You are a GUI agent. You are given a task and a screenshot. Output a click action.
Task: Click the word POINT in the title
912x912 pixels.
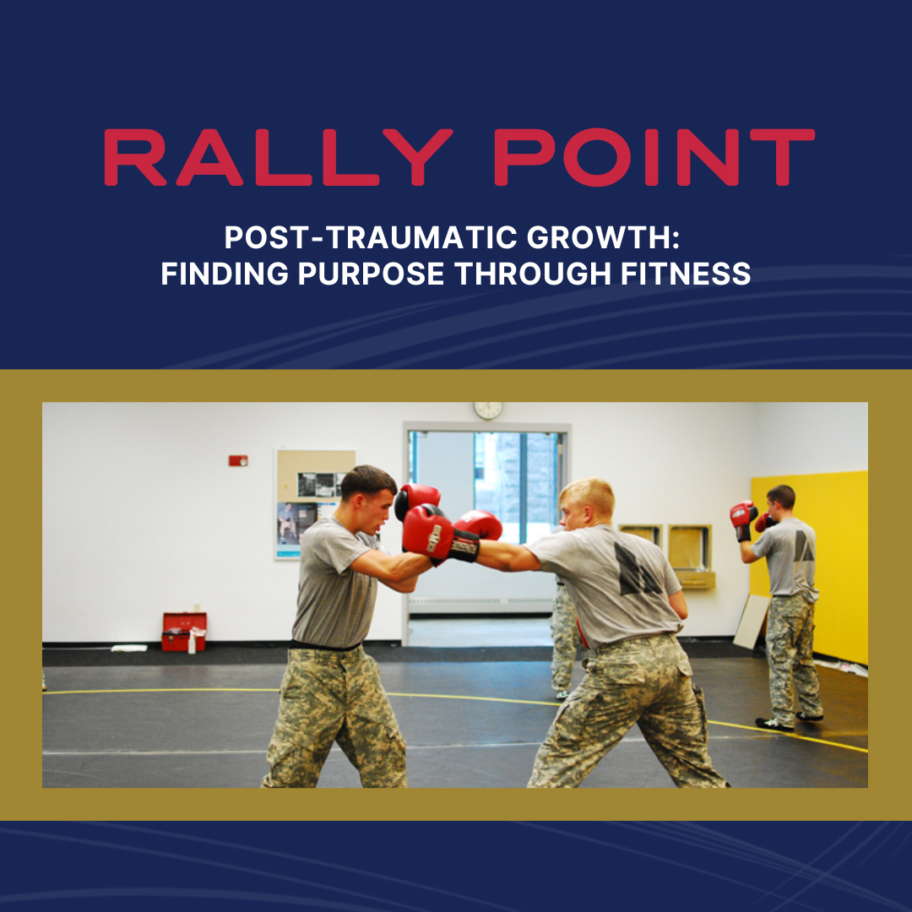tap(654, 157)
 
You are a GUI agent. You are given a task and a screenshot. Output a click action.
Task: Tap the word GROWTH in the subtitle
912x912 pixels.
tap(603, 237)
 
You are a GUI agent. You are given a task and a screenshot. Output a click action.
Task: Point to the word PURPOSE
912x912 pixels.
tap(371, 274)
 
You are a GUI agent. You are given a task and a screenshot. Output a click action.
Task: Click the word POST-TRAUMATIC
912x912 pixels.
tap(371, 237)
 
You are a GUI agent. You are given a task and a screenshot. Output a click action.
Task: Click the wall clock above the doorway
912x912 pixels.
tap(488, 410)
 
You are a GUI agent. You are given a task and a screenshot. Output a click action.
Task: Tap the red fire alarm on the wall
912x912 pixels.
tap(238, 461)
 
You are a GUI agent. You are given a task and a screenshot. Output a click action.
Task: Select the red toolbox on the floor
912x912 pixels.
tap(184, 632)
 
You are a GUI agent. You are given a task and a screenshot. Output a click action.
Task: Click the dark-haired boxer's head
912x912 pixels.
tap(368, 498)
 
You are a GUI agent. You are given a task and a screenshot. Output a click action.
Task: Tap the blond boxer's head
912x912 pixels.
tap(586, 503)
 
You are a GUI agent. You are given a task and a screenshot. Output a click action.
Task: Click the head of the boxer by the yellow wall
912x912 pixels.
tap(780, 502)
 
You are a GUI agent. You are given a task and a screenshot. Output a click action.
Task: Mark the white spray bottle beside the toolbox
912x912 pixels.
tap(192, 643)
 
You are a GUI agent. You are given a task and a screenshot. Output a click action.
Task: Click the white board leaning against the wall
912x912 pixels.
tap(751, 622)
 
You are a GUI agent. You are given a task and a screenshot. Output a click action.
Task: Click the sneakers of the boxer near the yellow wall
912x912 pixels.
tap(789, 721)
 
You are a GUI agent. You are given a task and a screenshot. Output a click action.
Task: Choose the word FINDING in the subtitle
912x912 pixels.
tap(225, 274)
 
